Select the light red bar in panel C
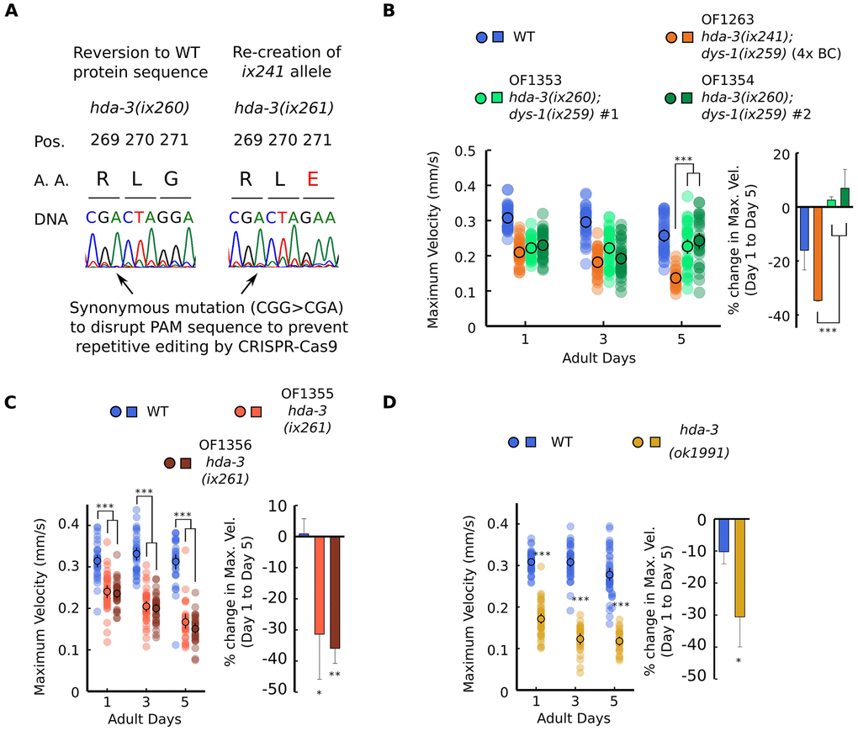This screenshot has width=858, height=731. click(320, 585)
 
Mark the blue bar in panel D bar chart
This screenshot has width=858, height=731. click(723, 536)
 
